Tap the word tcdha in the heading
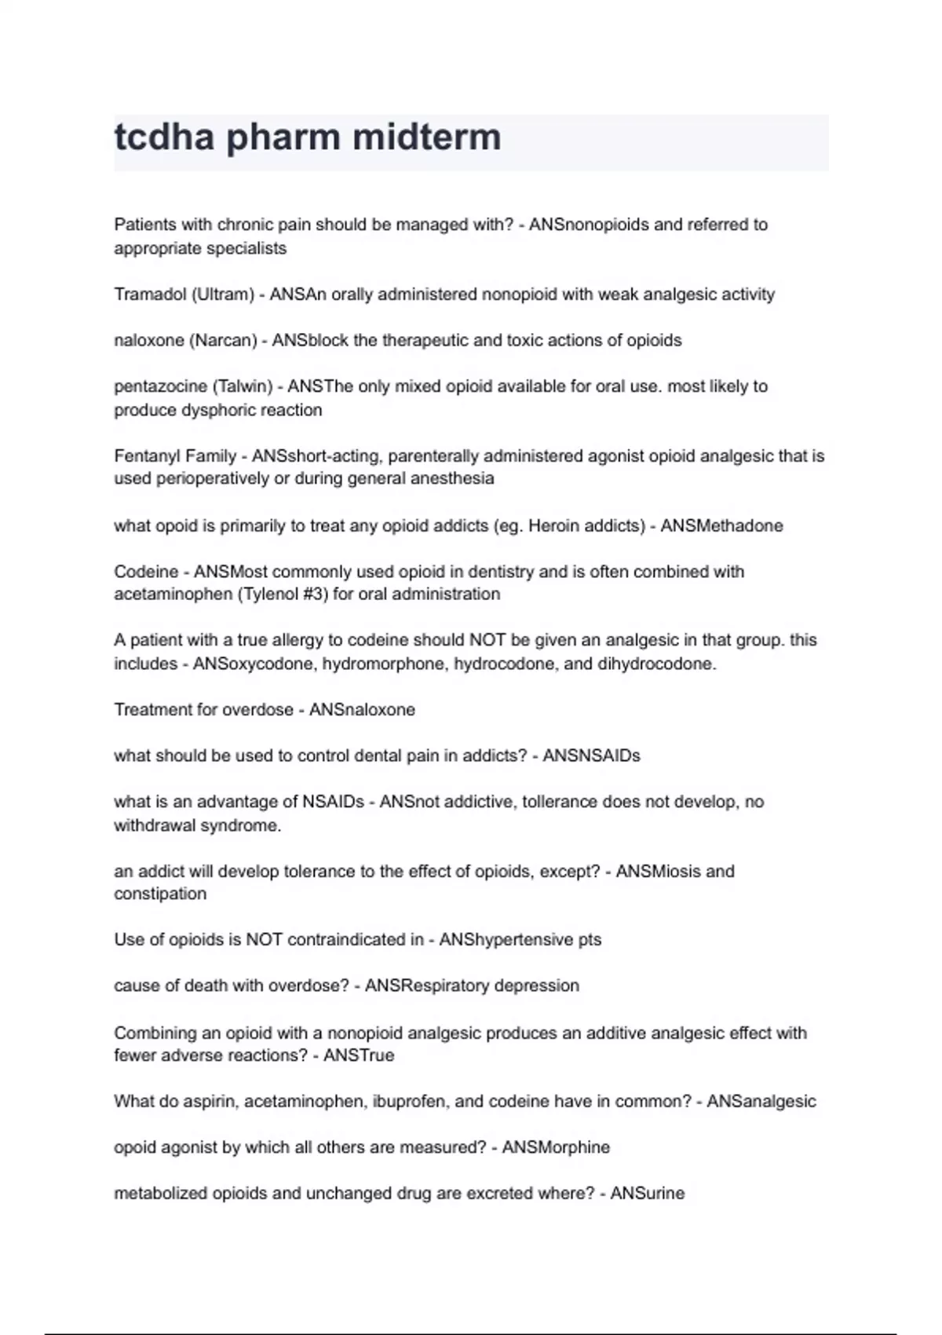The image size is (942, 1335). click(x=164, y=137)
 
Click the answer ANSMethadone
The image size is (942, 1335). click(x=721, y=526)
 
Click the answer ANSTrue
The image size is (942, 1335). click(x=358, y=1055)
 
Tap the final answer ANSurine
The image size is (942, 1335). click(x=647, y=1194)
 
